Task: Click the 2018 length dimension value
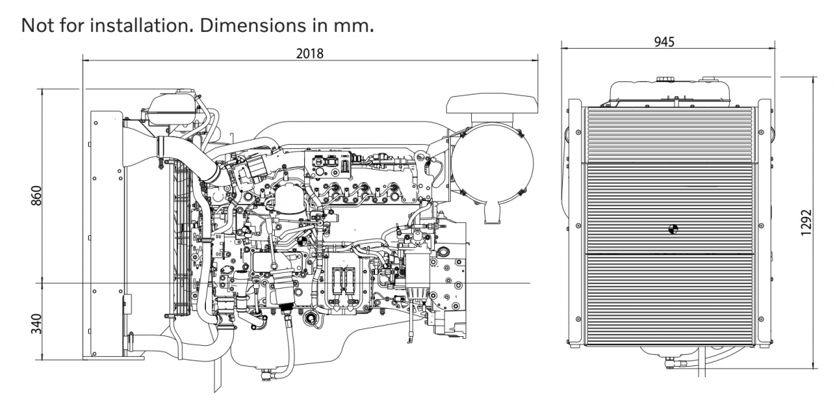(x=310, y=54)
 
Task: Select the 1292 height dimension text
(x=806, y=222)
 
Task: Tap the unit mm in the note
(x=360, y=26)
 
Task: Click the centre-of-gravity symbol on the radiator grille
(x=672, y=228)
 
